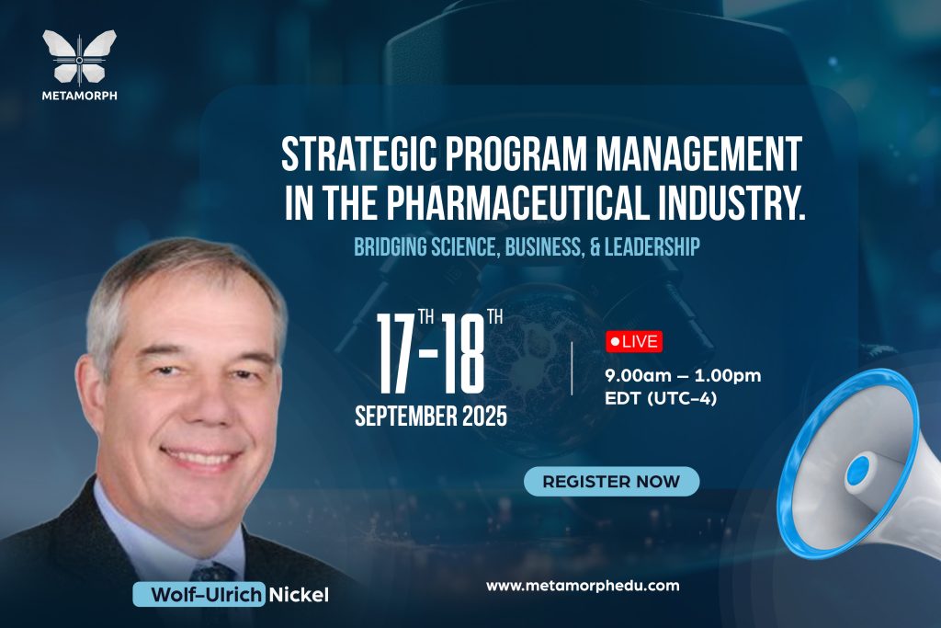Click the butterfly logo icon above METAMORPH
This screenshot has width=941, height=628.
(79, 57)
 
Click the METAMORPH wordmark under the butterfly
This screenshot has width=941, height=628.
(79, 95)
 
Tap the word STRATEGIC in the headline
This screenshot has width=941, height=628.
(358, 154)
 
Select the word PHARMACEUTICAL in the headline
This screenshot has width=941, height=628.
(518, 202)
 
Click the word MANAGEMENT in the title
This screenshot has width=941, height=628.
(698, 154)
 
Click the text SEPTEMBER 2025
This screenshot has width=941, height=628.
(431, 417)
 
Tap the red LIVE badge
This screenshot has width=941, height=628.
(634, 342)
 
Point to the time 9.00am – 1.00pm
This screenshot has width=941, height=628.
(683, 376)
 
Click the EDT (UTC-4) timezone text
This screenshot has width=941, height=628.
(661, 399)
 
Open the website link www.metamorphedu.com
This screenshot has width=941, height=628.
(583, 586)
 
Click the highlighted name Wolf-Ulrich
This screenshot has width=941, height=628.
(199, 594)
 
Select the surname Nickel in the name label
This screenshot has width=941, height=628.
(299, 595)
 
